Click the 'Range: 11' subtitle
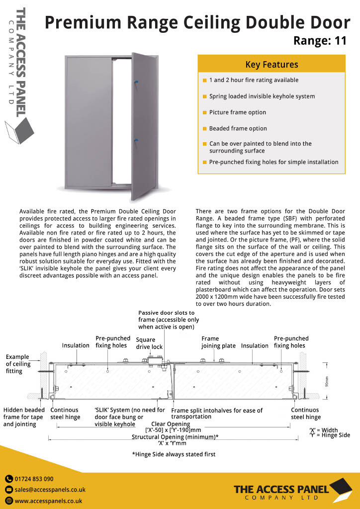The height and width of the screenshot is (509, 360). (x=320, y=41)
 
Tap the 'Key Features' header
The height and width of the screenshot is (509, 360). (x=271, y=65)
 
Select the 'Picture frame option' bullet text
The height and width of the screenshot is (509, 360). (x=238, y=112)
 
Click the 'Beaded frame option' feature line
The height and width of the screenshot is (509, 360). (x=238, y=128)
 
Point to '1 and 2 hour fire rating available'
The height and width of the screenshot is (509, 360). (x=254, y=80)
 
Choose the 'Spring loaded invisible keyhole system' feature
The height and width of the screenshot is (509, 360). (x=262, y=96)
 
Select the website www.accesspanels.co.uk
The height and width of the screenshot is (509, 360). (x=48, y=501)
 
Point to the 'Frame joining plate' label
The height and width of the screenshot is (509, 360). (x=218, y=342)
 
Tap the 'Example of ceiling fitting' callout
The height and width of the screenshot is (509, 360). (x=17, y=364)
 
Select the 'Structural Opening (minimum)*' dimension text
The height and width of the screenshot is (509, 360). (x=175, y=437)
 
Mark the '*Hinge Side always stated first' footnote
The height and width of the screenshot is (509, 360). (x=174, y=454)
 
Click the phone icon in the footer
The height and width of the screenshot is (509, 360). (x=9, y=479)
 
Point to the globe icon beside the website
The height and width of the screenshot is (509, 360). (x=9, y=501)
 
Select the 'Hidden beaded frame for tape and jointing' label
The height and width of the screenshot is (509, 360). (x=23, y=417)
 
